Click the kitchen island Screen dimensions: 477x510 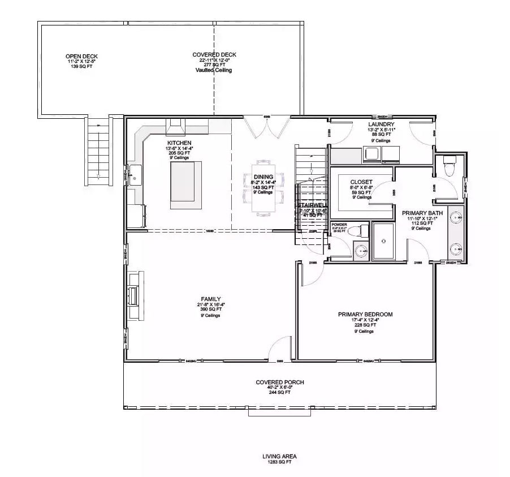(185, 181)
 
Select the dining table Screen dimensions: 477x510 (263, 187)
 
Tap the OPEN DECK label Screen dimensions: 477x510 (81, 56)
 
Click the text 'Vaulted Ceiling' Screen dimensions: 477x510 (213, 70)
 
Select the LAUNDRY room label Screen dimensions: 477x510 (381, 124)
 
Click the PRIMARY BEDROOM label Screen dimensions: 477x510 (365, 314)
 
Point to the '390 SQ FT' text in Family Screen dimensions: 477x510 (210, 310)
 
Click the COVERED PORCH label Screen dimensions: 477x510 (279, 383)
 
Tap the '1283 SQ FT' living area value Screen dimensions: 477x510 (279, 462)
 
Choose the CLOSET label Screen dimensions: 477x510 (361, 182)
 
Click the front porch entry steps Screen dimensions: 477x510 (279, 412)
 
